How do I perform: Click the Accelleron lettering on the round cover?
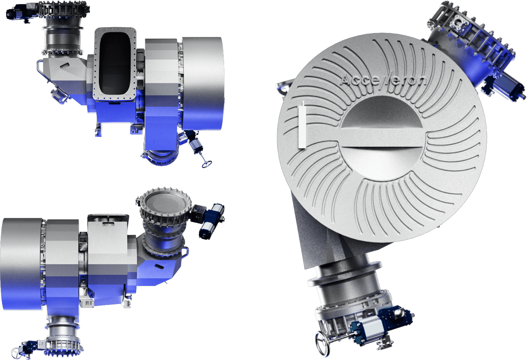click(383, 81)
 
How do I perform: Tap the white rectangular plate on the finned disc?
click(302, 127)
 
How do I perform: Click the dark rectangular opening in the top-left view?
click(115, 63)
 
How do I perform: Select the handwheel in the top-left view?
click(207, 164)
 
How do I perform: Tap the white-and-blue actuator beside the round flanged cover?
click(212, 221)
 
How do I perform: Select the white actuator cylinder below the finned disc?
click(372, 330)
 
